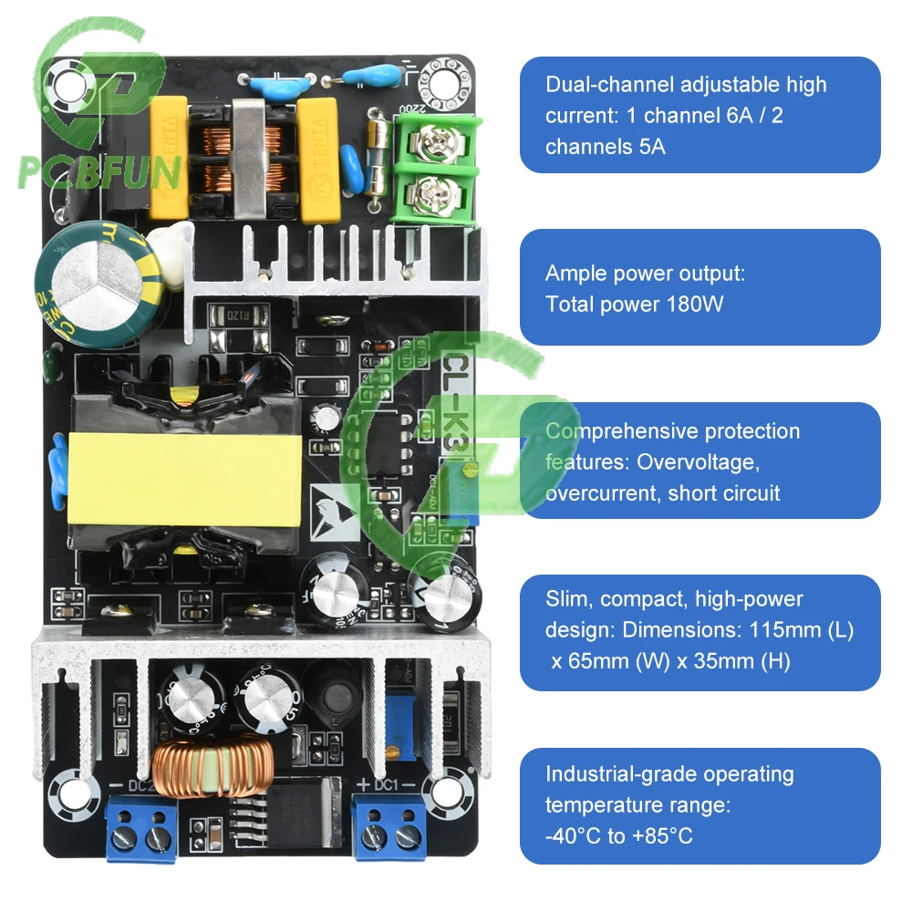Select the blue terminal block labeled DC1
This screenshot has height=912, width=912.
(x=382, y=826)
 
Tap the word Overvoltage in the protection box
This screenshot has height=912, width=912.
(x=698, y=461)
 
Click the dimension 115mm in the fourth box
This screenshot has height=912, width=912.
(x=782, y=629)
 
